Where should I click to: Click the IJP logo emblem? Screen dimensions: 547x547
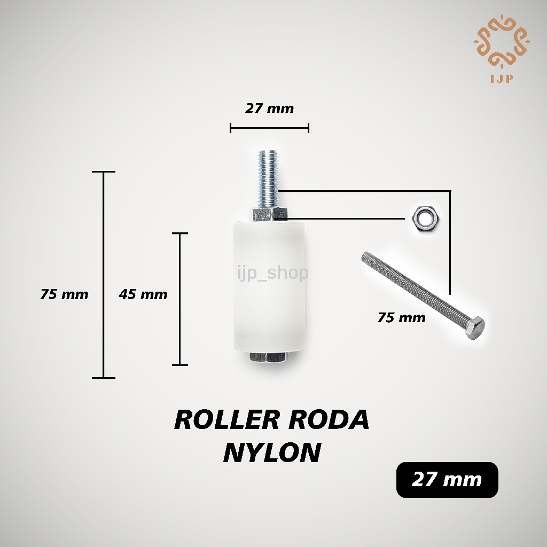click(502, 42)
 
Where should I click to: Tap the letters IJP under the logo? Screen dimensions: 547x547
click(502, 79)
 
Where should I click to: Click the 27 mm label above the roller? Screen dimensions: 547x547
click(269, 108)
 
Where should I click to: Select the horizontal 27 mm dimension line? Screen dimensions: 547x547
click(269, 128)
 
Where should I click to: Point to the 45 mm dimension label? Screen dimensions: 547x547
click(143, 294)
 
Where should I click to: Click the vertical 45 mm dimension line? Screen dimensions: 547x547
click(180, 299)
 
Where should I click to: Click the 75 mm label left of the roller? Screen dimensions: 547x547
click(64, 294)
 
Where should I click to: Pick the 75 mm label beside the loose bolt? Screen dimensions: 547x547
click(402, 317)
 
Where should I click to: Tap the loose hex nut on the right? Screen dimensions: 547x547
click(426, 220)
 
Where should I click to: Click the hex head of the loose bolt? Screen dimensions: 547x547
click(474, 329)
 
